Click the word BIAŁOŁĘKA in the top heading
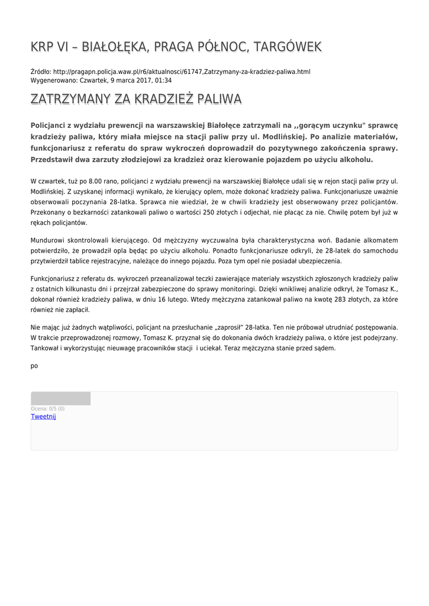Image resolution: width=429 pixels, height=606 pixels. click(113, 47)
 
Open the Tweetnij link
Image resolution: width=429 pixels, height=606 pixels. click(43, 417)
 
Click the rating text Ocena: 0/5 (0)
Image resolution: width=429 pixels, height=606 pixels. click(48, 409)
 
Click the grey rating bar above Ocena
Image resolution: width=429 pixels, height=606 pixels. click(60, 398)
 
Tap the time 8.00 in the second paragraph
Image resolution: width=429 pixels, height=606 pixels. click(96, 180)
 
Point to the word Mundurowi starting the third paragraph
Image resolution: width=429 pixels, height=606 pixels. click(48, 240)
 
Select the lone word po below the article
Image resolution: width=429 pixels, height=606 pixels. click(34, 366)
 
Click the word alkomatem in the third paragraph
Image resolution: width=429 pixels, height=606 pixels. click(380, 240)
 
